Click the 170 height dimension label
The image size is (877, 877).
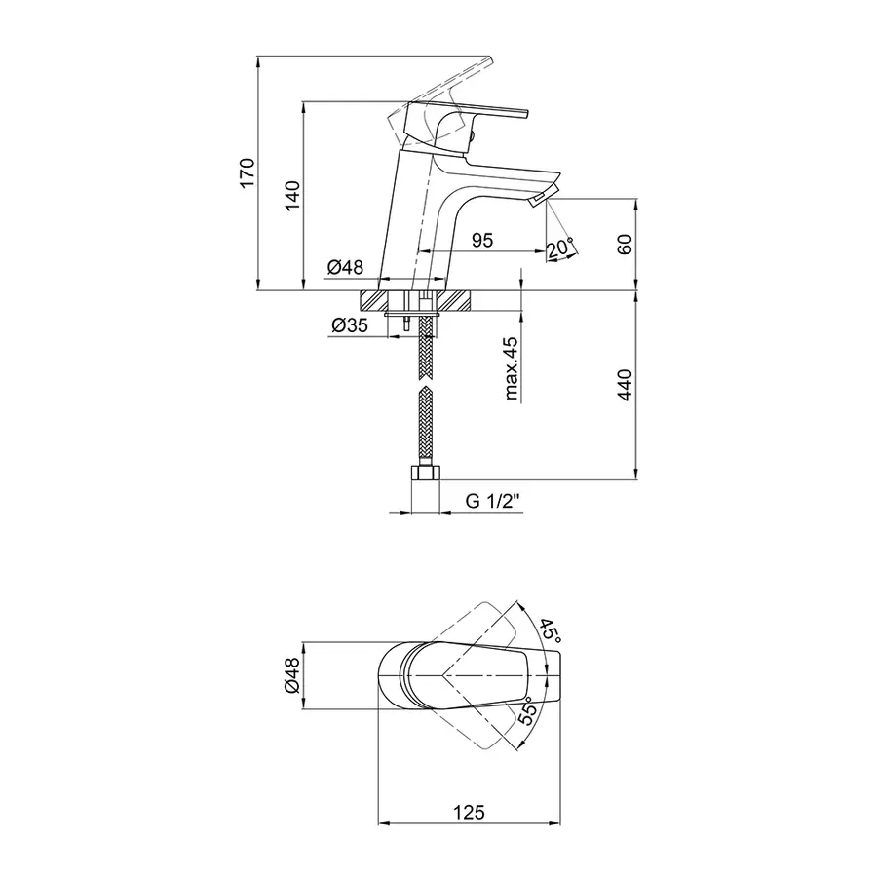pos(247,173)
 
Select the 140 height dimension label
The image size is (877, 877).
pos(292,196)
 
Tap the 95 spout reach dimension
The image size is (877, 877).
pos(482,240)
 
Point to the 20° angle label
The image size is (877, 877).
pos(560,248)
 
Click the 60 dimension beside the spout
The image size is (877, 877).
pos(625,245)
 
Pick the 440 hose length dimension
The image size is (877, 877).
pos(625,385)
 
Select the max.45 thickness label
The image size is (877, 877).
pos(512,368)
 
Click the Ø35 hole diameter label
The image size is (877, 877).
pos(350,324)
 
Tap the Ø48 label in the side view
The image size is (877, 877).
pos(345,267)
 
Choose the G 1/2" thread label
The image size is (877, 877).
pos(493,501)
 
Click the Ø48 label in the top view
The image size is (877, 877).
pos(292,675)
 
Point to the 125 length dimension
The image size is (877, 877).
pos(469,812)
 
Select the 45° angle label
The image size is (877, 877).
pos(551,630)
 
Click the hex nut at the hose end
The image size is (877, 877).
pos(426,474)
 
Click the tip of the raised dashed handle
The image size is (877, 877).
pos(491,58)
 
